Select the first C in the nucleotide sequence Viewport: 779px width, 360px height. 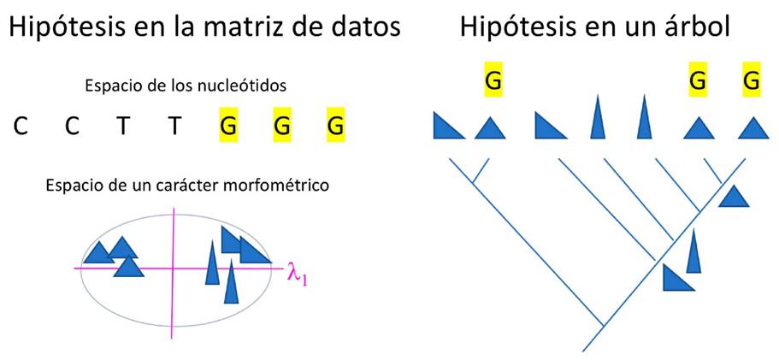(21, 127)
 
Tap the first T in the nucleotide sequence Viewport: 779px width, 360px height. (125, 127)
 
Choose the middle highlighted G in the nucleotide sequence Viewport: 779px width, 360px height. (283, 127)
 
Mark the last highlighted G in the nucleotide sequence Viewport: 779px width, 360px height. (336, 127)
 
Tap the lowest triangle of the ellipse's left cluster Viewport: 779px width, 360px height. (129, 266)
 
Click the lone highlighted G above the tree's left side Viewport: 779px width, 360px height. (493, 81)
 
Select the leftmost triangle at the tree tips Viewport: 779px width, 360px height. (447, 127)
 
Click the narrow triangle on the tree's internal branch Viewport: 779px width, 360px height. (693, 250)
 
